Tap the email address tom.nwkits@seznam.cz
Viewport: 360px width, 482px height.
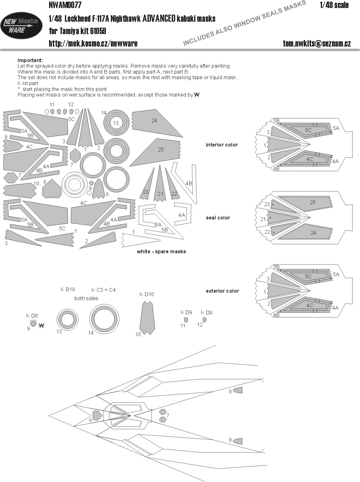pyautogui.click(x=317, y=44)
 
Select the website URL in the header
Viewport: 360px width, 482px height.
pyautogui.click(x=93, y=44)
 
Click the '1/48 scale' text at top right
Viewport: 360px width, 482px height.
pyautogui.click(x=334, y=5)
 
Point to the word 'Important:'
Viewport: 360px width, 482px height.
pyautogui.click(x=30, y=60)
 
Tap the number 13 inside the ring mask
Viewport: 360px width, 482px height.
pyautogui.click(x=116, y=123)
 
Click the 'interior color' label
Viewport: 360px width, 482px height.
pyautogui.click(x=222, y=145)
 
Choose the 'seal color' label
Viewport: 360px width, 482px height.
pyautogui.click(x=218, y=218)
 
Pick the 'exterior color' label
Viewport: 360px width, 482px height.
pyautogui.click(x=222, y=291)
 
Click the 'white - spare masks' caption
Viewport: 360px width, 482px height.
pyautogui.click(x=161, y=251)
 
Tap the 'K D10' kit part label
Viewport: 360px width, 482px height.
pyautogui.click(x=147, y=294)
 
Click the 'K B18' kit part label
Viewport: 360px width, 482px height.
pyautogui.click(x=68, y=289)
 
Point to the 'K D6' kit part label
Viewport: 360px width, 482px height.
pyautogui.click(x=32, y=316)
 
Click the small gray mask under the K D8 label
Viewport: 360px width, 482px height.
pyautogui.click(x=204, y=320)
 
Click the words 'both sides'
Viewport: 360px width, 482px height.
pyautogui.click(x=86, y=298)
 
